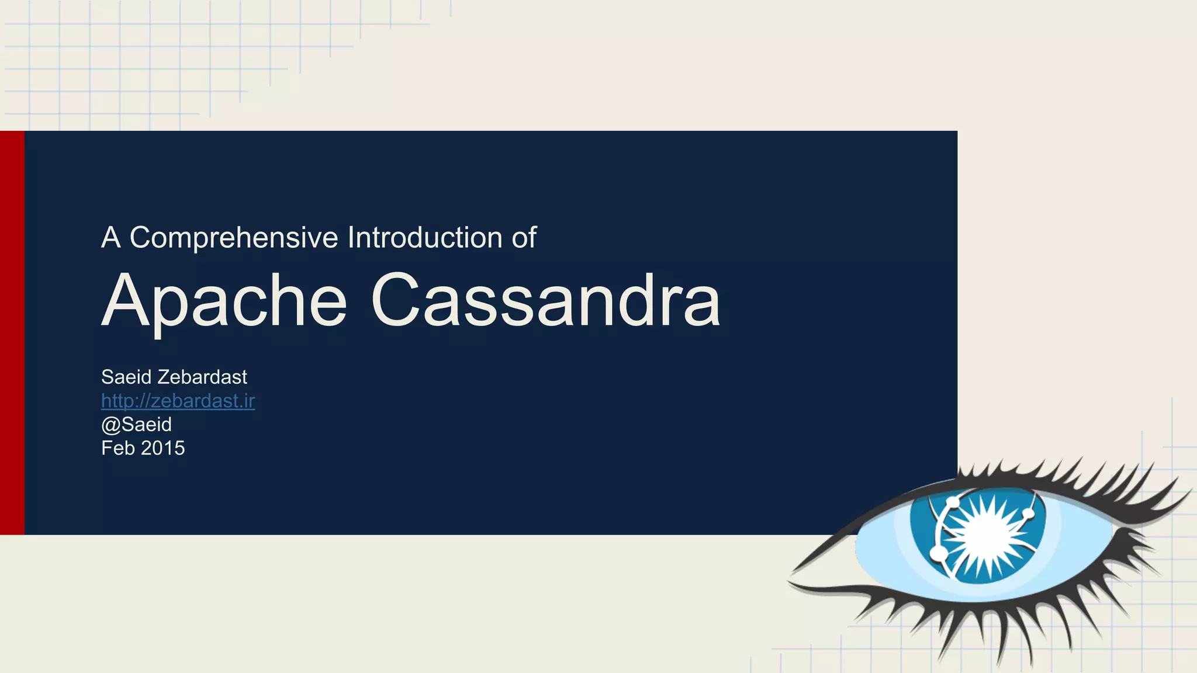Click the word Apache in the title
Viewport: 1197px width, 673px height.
tap(224, 301)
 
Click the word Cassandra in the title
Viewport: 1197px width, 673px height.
tap(545, 301)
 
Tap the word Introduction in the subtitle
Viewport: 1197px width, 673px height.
tap(425, 238)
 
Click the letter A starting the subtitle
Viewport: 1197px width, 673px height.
tap(110, 238)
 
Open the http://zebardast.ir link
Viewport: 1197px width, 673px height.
tap(178, 401)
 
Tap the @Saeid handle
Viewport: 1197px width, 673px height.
tap(136, 425)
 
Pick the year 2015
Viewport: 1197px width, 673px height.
tap(163, 448)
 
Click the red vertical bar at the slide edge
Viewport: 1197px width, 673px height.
tap(12, 332)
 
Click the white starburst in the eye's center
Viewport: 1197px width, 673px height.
tap(988, 533)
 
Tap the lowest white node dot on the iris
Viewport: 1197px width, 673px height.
tap(938, 552)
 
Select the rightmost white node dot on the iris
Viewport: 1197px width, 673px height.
tap(1028, 514)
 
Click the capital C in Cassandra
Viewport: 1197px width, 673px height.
tap(394, 301)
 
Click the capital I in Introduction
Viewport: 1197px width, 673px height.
tap(351, 238)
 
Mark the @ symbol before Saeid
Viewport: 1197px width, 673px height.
tap(110, 425)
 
